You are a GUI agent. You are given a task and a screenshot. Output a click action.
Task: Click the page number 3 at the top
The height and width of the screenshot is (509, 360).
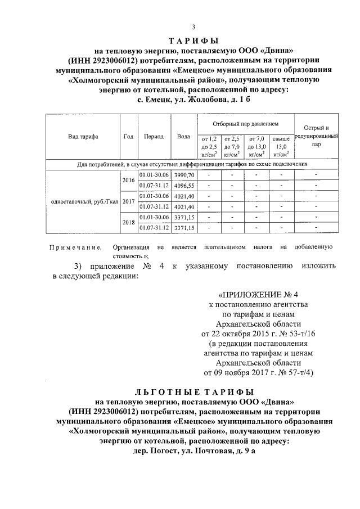[x=193, y=28]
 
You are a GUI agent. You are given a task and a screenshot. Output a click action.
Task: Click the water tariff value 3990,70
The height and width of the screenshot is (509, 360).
[x=184, y=176]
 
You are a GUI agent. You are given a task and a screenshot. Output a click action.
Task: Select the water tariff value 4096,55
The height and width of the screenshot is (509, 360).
[x=184, y=186]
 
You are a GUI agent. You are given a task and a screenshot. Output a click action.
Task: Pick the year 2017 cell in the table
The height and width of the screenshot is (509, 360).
[x=129, y=201]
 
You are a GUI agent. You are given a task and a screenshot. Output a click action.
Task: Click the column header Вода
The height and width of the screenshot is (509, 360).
[x=183, y=137]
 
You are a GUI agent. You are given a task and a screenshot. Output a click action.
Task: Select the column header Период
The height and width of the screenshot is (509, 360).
[x=154, y=137]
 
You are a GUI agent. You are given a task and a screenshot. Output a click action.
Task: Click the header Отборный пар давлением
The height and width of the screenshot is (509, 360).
[x=245, y=123]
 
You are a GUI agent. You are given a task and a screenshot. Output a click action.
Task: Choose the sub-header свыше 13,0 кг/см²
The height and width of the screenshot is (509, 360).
[x=280, y=146]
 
